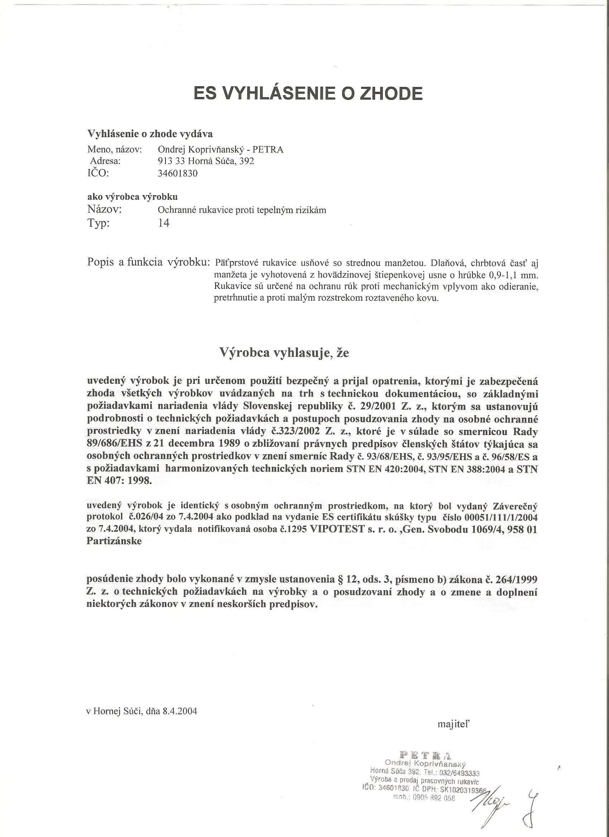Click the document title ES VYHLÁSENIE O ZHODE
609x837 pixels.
pyautogui.click(x=308, y=94)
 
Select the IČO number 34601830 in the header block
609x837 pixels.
pyautogui.click(x=178, y=174)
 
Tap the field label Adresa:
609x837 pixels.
pyautogui.click(x=106, y=161)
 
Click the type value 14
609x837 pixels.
pyautogui.click(x=164, y=223)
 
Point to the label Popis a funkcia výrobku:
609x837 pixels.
pyautogui.click(x=148, y=262)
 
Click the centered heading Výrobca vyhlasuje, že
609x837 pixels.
pyautogui.click(x=284, y=353)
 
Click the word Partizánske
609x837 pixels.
pyautogui.click(x=114, y=541)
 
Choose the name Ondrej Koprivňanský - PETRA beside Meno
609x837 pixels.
pyautogui.click(x=220, y=150)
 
